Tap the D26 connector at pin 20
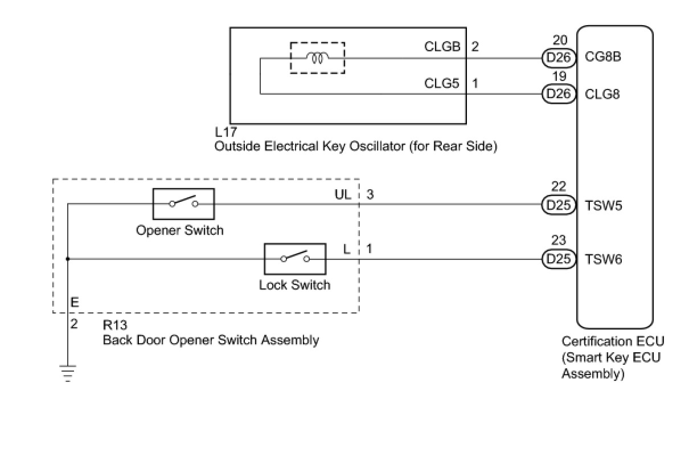558,58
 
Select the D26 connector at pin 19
558,93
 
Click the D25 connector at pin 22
558,205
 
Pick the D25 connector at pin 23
558,259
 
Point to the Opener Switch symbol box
183,204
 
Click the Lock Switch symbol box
295,259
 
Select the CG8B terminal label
603,58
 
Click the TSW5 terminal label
604,205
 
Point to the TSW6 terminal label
604,259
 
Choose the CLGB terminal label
442,47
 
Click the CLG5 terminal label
442,83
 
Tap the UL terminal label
342,194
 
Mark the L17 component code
226,132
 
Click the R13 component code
114,325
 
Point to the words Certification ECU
613,341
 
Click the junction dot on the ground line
68,259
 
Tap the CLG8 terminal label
602,93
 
